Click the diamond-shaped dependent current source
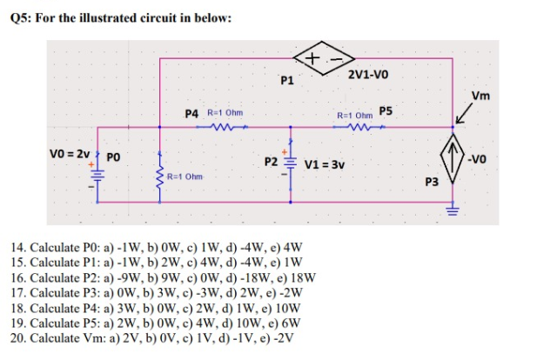[453, 162]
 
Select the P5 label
[386, 111]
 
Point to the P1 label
[287, 82]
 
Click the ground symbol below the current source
[453, 209]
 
